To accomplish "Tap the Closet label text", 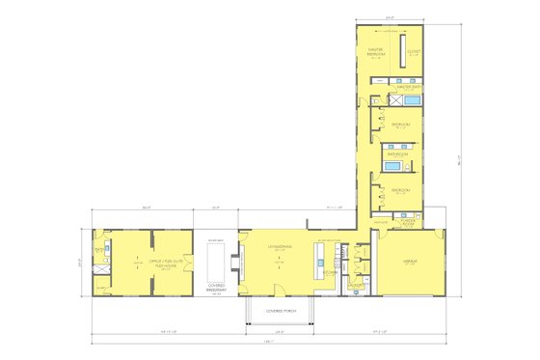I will (414, 52).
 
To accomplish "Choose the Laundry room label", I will (355, 285).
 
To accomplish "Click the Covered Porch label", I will (279, 311).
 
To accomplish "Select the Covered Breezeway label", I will (216, 287).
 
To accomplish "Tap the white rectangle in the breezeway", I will (215, 261).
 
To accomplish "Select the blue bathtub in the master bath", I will (410, 99).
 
